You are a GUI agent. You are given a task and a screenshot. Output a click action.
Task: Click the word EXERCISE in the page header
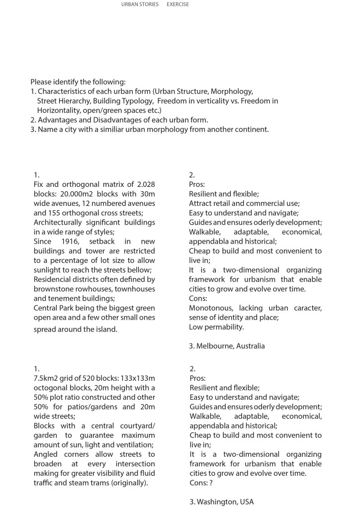(x=178, y=4)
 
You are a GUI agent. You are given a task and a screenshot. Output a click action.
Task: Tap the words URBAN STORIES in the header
(x=140, y=4)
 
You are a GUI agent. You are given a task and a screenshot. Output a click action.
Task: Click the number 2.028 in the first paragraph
(x=145, y=184)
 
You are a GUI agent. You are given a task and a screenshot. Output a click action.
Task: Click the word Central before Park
(x=46, y=308)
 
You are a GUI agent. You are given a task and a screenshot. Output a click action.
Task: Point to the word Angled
(x=46, y=454)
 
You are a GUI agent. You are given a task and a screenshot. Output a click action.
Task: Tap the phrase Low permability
(x=216, y=327)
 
